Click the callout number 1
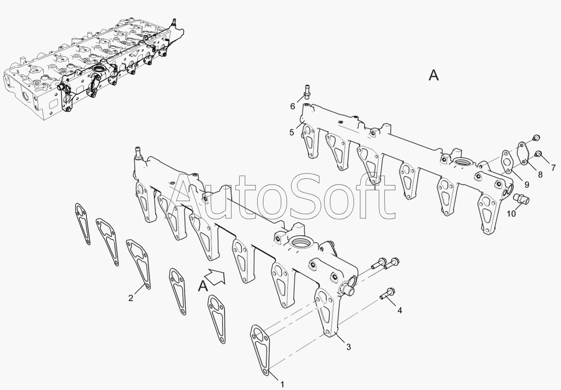click(x=282, y=384)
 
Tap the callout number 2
click(x=130, y=298)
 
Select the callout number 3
click(x=348, y=347)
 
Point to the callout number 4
click(x=400, y=310)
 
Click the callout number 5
click(x=292, y=132)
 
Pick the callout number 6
click(x=293, y=106)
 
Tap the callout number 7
click(x=553, y=168)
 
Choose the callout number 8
click(x=540, y=174)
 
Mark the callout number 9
click(x=527, y=185)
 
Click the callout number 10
click(x=511, y=214)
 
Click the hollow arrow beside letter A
click(x=215, y=276)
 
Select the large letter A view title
click(x=434, y=75)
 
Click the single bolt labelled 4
click(x=387, y=294)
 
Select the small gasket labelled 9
click(x=507, y=162)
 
